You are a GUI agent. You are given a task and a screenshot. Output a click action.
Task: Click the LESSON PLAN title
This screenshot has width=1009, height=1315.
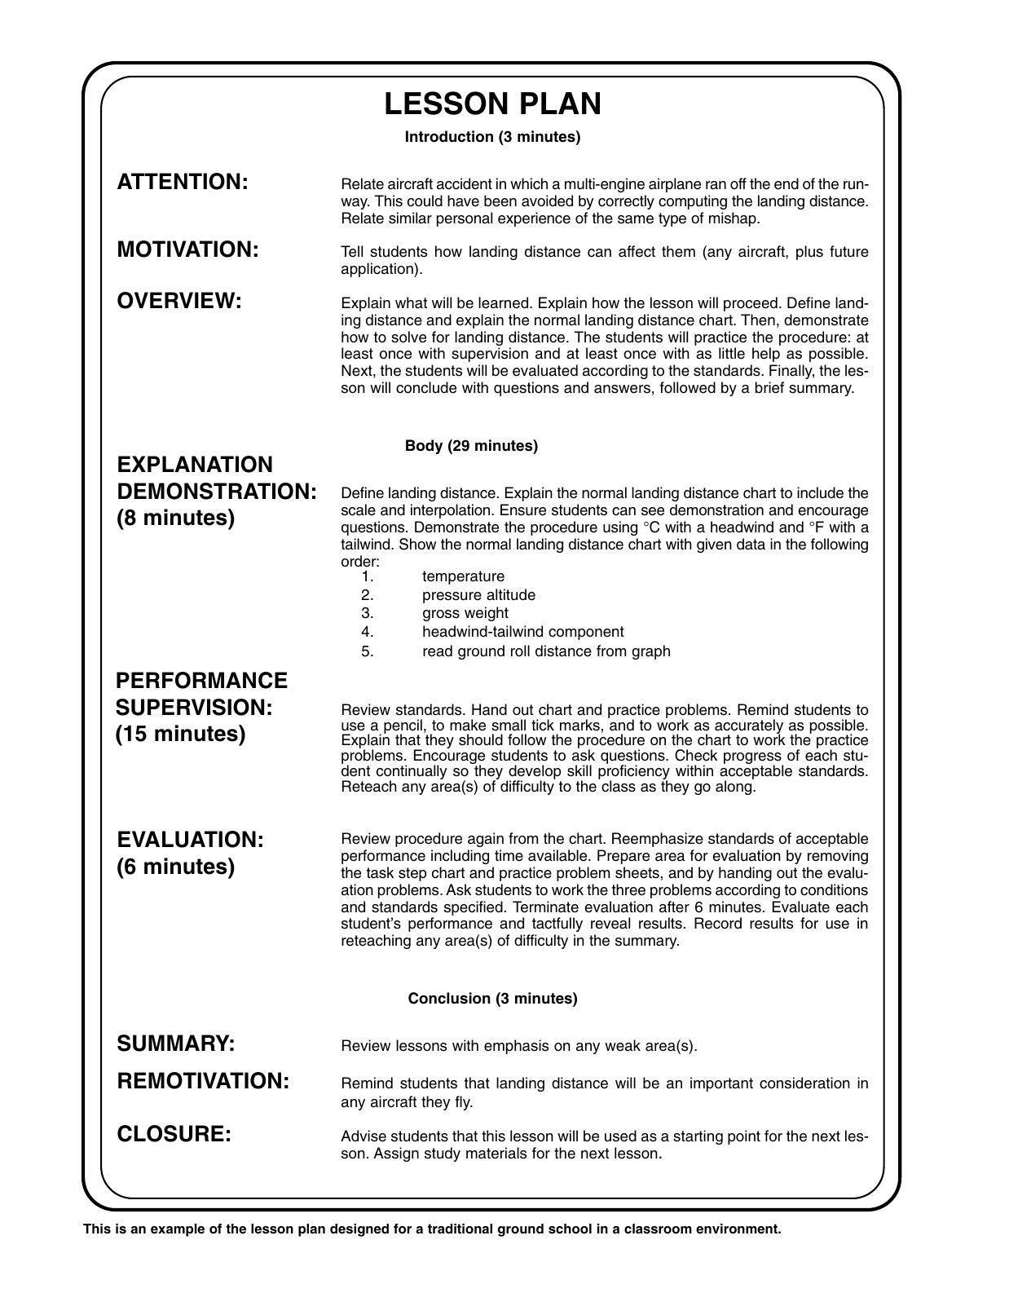coord(492,104)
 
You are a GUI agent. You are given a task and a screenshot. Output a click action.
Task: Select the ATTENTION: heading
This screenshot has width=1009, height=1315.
coord(183,182)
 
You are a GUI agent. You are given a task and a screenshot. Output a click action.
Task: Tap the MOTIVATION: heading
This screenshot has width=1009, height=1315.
coord(187,249)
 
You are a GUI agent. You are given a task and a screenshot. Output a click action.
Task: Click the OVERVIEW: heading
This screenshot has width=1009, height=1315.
coord(179,301)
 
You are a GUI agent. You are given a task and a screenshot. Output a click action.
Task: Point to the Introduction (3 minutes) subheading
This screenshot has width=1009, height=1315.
coord(492,137)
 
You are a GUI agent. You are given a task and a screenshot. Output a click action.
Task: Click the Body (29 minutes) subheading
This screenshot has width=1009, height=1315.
coord(471,446)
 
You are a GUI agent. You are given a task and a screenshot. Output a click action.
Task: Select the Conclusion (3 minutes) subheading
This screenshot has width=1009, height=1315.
coord(492,999)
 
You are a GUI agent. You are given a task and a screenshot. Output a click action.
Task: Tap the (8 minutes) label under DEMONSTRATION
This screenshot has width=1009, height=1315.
coord(175,518)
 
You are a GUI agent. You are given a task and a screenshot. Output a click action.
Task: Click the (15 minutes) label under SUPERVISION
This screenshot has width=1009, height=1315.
coord(180,734)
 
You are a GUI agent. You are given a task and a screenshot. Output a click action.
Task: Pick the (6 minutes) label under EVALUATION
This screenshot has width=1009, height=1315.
coord(175,867)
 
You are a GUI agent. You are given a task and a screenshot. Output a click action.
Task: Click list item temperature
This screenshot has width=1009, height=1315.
coord(463,576)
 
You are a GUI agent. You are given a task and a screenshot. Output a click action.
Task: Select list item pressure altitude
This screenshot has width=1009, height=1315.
coord(478,595)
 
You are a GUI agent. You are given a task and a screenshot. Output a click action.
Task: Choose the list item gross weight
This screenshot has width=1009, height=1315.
coord(465,613)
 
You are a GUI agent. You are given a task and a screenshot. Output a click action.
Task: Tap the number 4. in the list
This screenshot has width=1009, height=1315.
coord(368,632)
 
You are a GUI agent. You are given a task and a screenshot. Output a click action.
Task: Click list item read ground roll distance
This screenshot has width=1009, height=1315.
coord(546,651)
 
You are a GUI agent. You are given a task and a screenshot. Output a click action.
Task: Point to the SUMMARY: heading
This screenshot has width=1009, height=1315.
coord(176,1044)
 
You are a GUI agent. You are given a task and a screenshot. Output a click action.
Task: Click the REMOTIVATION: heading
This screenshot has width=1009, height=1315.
coord(203,1081)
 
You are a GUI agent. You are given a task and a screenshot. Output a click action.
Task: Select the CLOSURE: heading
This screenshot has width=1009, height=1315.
coord(174,1134)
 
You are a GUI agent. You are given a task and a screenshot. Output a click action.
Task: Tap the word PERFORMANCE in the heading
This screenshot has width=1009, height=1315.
coord(201,681)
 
